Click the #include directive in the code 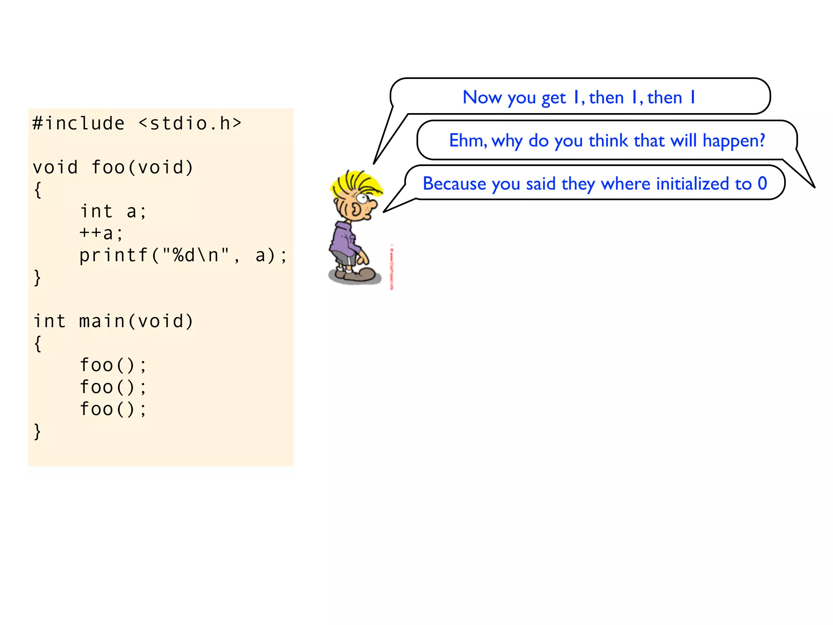click(x=79, y=123)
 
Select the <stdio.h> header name click(x=190, y=123)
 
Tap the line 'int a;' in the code click(x=113, y=211)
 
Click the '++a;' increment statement click(x=101, y=233)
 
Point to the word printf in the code click(x=113, y=256)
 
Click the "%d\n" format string click(x=196, y=255)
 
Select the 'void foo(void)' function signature click(x=113, y=167)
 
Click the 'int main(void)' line click(x=113, y=321)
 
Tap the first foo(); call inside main click(x=113, y=365)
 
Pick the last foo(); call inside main click(x=113, y=409)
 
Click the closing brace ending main click(x=37, y=431)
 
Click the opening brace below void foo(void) click(x=37, y=190)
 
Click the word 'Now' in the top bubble click(x=482, y=98)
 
